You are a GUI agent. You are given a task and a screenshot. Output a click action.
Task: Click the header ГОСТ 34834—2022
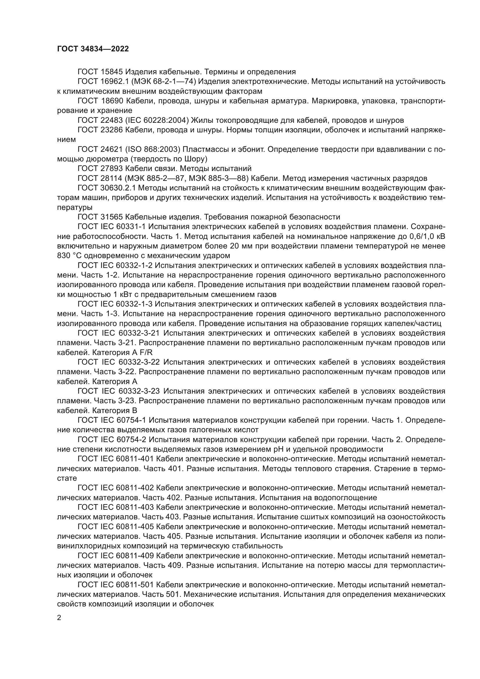[x=93, y=49]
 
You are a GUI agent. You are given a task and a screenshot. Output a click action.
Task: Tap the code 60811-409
[x=136, y=556]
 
